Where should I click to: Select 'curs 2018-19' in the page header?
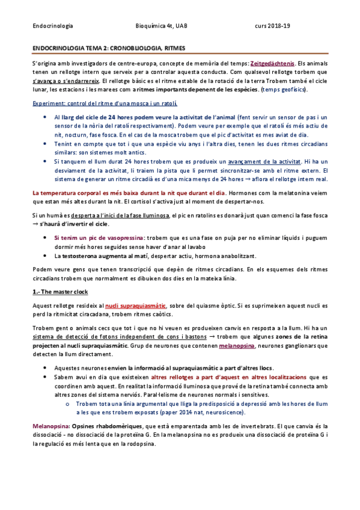pos(273,26)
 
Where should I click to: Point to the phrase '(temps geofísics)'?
pos(284,90)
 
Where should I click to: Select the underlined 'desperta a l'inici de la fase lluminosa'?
pos(121,215)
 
